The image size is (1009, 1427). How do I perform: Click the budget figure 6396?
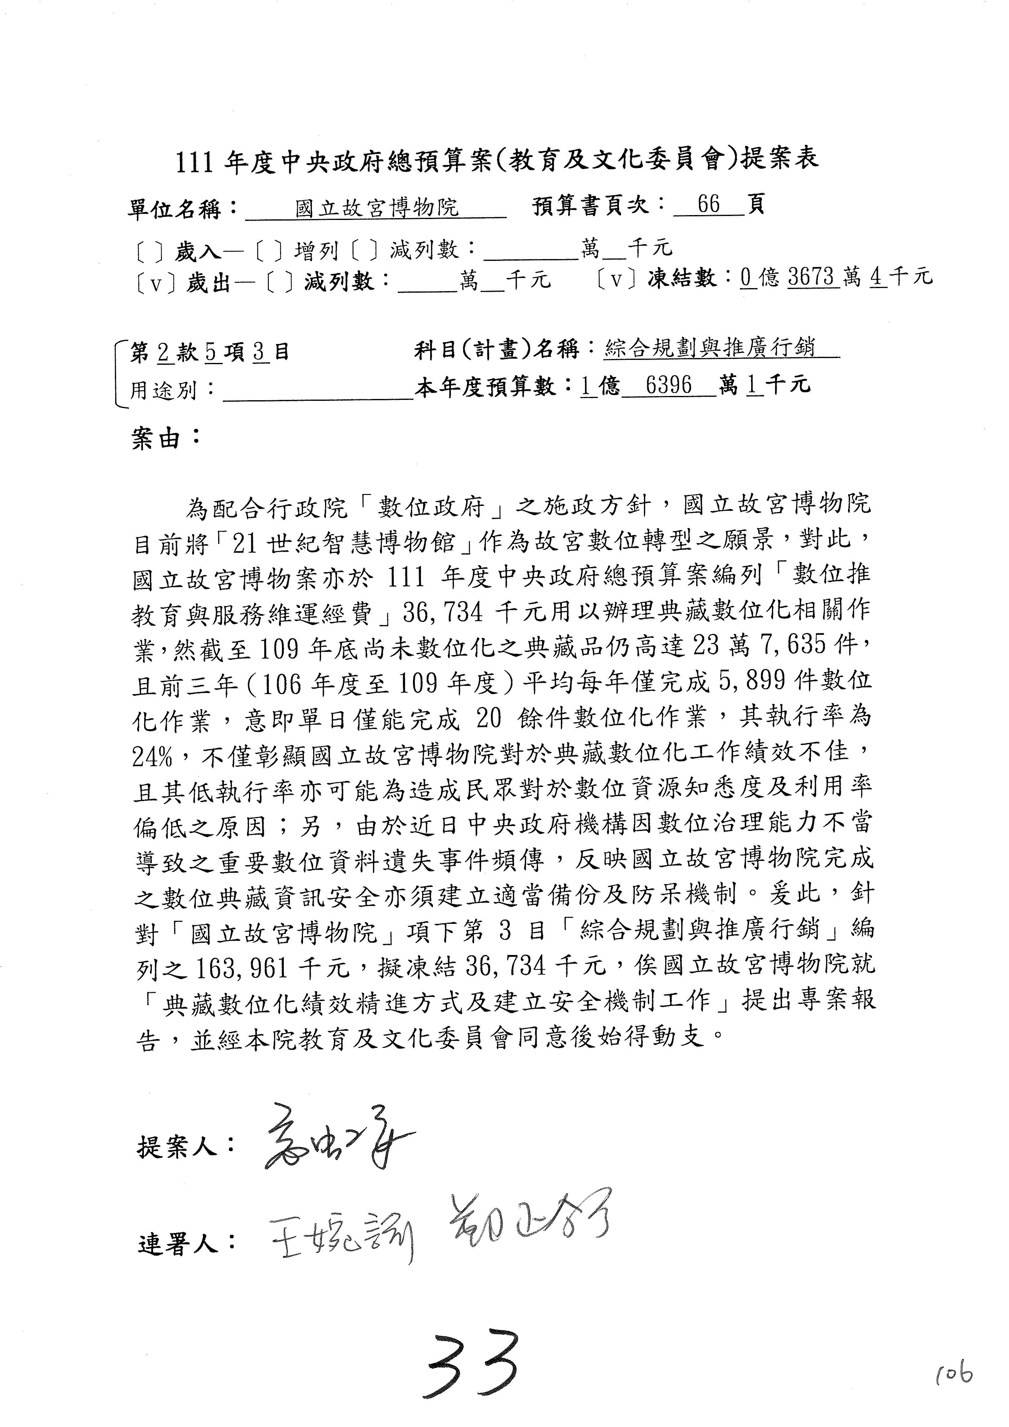668,386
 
